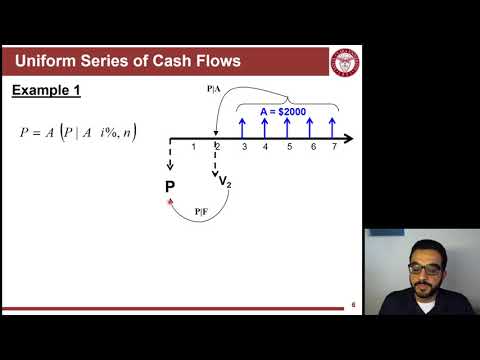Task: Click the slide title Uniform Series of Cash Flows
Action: [126, 62]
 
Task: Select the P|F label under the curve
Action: [201, 210]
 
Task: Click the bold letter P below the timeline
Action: [170, 187]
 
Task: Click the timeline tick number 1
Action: [194, 147]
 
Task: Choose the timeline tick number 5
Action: [289, 147]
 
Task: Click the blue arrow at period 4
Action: [265, 126]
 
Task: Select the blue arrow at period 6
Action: [313, 126]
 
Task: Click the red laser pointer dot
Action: [170, 201]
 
